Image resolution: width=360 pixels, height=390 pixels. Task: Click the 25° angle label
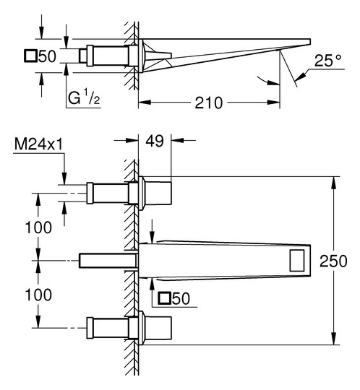pos(327,61)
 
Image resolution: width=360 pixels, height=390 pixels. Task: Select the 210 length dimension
pos(208,103)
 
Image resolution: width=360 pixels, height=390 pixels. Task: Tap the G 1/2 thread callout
pos(84,98)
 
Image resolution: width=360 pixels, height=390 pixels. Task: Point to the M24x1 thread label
pos(38,144)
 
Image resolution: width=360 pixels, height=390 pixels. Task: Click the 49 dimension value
pos(155,141)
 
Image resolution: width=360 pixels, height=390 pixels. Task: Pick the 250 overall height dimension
pos(333,261)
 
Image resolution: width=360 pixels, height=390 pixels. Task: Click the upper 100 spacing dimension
pos(38,227)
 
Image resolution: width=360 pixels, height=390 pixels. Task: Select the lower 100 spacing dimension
pos(38,295)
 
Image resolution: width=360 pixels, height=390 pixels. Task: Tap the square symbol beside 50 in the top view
pos(30,56)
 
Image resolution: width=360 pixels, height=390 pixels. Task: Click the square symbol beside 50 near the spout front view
pos(165,298)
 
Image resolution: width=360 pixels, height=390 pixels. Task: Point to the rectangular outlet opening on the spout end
pos(297,261)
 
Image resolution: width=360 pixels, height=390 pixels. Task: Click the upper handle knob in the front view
pos(157,194)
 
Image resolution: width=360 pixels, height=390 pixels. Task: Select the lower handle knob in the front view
pos(157,328)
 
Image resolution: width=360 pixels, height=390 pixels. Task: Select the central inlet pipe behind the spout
pos(108,261)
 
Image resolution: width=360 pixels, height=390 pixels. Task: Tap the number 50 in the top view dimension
pos(47,56)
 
